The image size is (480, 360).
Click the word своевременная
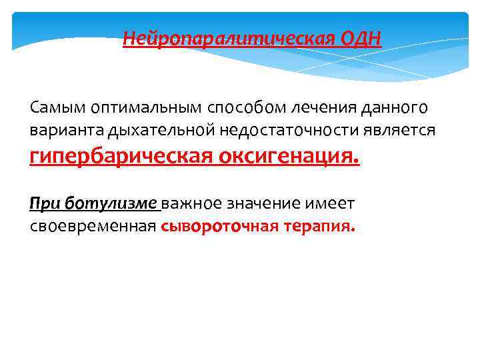point(92,226)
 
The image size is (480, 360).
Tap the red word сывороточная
point(213,226)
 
